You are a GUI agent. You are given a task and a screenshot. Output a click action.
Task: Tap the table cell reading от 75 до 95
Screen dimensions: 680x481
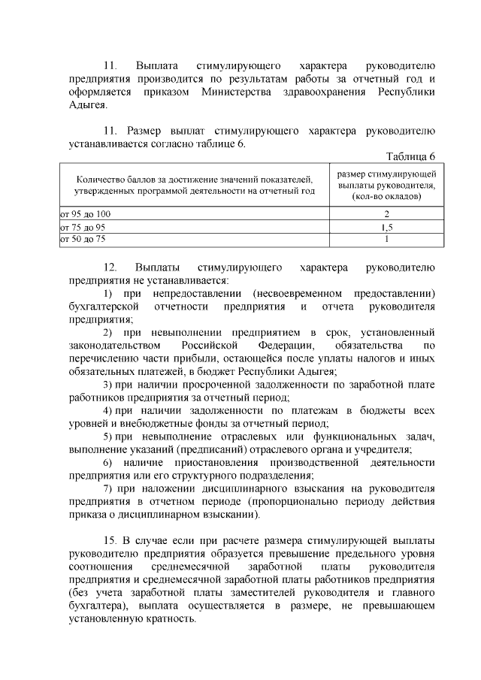(83, 226)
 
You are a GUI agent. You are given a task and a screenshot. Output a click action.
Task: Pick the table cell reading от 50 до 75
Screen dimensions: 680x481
(83, 238)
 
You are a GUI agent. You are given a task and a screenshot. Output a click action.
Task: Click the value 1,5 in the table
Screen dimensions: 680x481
(386, 226)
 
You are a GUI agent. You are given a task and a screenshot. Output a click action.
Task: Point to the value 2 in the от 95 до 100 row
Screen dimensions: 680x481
(386, 214)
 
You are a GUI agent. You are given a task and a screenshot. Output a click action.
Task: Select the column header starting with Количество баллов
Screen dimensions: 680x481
(195, 186)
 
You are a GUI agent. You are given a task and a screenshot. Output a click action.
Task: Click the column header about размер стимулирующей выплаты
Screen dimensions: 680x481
(386, 185)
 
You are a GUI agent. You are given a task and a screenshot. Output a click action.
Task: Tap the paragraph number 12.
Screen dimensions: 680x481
(110, 267)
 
